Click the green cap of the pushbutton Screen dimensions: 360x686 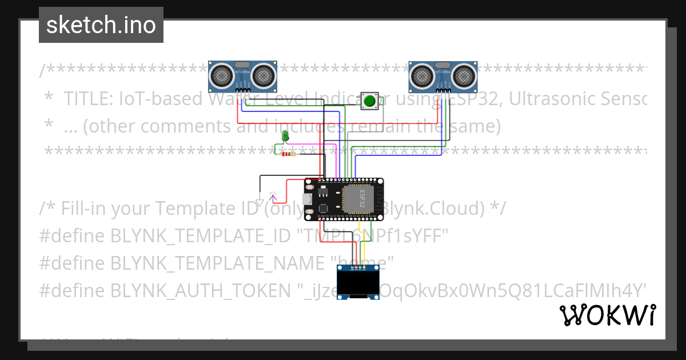[369, 102]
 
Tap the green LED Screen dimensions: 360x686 [285, 136]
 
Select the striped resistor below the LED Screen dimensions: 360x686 [288, 154]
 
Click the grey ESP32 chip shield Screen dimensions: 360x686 [358, 198]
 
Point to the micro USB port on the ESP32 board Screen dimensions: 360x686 [308, 199]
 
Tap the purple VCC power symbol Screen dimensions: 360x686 [273, 196]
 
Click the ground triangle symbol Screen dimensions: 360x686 [260, 202]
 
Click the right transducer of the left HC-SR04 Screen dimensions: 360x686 [263, 74]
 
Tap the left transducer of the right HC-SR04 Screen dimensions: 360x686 [421, 74]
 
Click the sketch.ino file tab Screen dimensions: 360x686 [101, 25]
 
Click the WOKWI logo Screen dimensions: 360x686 [608, 315]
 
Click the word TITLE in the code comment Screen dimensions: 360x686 [87, 99]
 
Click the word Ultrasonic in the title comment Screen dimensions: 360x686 [549, 99]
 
